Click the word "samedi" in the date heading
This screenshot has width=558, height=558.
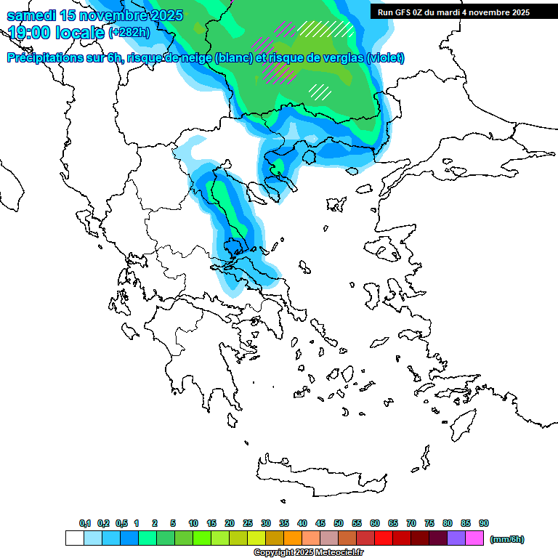[x=31, y=15]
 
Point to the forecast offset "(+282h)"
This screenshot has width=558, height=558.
[x=130, y=33]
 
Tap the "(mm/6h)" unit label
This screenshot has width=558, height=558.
[x=506, y=539]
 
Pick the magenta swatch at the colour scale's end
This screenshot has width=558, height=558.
[x=474, y=538]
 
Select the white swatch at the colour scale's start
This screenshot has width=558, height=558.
[x=75, y=538]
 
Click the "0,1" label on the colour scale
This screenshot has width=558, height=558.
[x=84, y=523]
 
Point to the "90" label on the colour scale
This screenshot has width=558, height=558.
[x=484, y=523]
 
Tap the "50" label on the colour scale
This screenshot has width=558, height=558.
[x=339, y=523]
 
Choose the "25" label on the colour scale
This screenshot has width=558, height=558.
[x=248, y=523]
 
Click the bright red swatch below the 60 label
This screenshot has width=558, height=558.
[x=384, y=538]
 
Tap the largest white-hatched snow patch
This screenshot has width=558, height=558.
[x=325, y=29]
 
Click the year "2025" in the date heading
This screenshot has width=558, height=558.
[x=159, y=15]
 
